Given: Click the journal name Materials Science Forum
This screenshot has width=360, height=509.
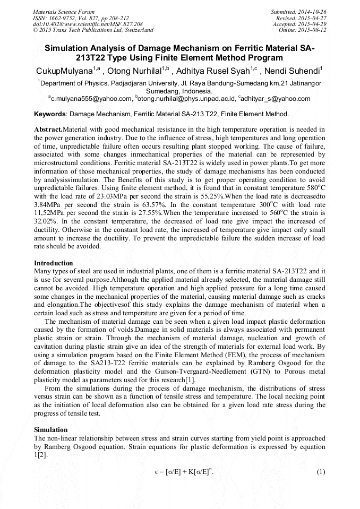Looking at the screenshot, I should (64, 11).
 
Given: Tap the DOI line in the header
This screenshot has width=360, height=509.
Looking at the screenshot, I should (88, 24).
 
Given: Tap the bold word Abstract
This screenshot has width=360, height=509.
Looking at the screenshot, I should (48, 130).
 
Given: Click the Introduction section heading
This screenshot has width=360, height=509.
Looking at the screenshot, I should (53, 263).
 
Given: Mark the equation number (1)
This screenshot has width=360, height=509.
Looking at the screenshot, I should (320, 472).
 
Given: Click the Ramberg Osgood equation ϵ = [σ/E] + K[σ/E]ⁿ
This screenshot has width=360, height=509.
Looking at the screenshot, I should (180, 472).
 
